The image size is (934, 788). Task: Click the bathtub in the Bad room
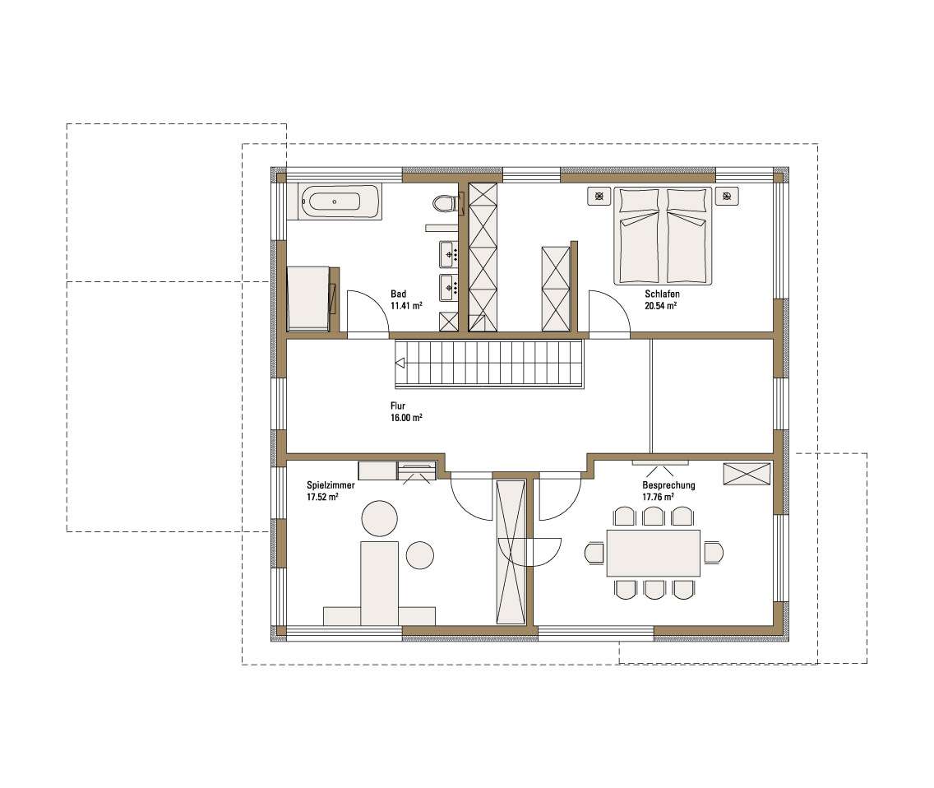pyautogui.click(x=334, y=202)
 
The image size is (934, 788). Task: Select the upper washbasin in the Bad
pyautogui.click(x=448, y=255)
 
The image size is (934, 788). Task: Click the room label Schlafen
pyautogui.click(x=662, y=294)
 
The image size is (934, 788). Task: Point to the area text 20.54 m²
pyautogui.click(x=660, y=306)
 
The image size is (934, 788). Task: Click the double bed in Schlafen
pyautogui.click(x=663, y=236)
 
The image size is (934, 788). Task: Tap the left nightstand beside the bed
pyautogui.click(x=599, y=196)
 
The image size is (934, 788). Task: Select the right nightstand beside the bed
pyautogui.click(x=727, y=196)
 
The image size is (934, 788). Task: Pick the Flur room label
pyautogui.click(x=398, y=406)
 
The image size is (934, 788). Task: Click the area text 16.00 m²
pyautogui.click(x=406, y=418)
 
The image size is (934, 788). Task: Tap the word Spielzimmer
pyautogui.click(x=331, y=485)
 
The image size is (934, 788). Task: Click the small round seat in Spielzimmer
pyautogui.click(x=420, y=555)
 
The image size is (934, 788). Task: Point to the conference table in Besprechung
pyautogui.click(x=654, y=553)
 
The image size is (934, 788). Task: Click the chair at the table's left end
pyautogui.click(x=595, y=553)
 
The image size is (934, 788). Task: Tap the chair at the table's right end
pyautogui.click(x=713, y=553)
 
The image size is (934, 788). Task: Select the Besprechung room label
pyautogui.click(x=668, y=485)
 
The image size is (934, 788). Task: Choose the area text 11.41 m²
pyautogui.click(x=406, y=306)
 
